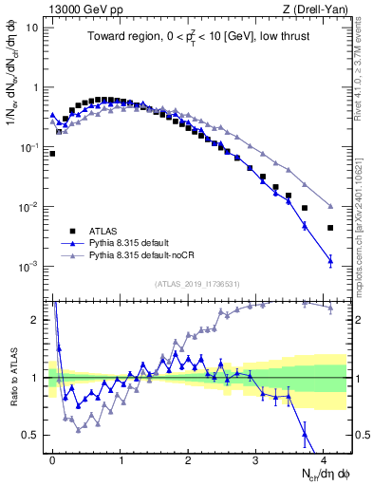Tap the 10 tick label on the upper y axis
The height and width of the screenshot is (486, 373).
(x=31, y=27)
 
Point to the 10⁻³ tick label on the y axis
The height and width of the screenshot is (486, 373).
(x=29, y=267)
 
